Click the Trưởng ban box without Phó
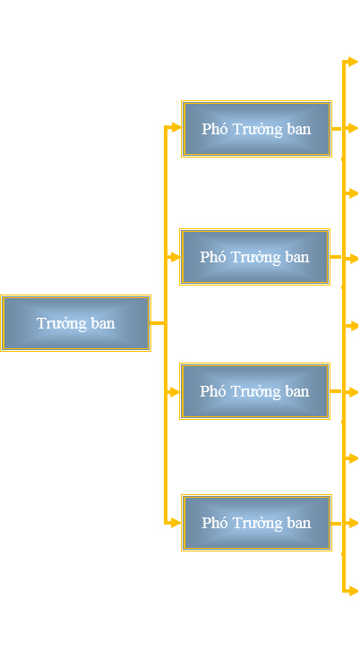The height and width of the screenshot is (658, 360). [x=75, y=322]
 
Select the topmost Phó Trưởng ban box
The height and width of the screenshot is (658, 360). [x=256, y=129]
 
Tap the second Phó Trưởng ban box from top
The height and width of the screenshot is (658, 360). [x=254, y=257]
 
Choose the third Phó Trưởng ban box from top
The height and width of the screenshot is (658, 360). [x=254, y=391]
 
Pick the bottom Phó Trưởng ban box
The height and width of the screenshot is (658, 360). [x=256, y=523]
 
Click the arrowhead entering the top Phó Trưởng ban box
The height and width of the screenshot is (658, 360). [x=176, y=127]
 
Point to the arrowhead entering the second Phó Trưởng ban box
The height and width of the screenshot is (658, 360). [x=175, y=257]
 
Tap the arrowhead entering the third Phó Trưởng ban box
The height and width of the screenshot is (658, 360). [x=175, y=392]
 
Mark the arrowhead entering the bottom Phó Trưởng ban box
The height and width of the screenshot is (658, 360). [x=176, y=523]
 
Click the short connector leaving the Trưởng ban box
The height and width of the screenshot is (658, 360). [x=158, y=322]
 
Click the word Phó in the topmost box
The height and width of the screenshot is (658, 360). [x=214, y=129]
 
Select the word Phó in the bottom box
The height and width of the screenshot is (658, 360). [x=214, y=523]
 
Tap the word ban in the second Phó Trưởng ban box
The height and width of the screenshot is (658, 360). [x=298, y=257]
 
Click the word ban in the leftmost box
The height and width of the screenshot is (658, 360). [x=103, y=323]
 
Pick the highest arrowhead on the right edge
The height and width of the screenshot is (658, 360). [x=353, y=62]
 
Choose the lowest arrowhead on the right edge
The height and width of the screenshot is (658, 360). [x=353, y=591]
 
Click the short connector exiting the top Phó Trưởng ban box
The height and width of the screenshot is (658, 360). [x=337, y=129]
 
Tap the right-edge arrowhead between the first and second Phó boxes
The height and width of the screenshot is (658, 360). [x=353, y=193]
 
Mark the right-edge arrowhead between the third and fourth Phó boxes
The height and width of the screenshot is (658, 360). [x=353, y=457]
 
